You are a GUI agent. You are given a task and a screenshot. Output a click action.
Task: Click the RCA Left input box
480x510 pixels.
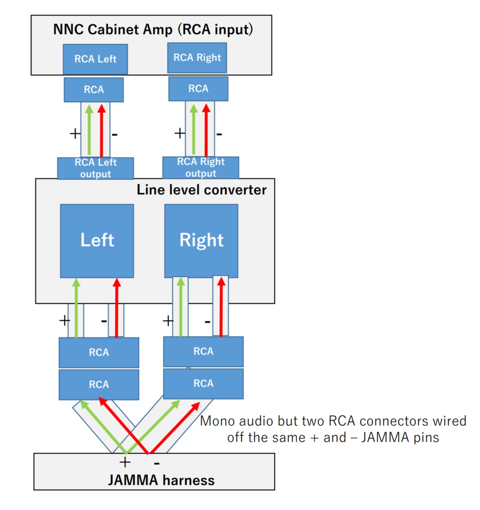pyautogui.click(x=95, y=59)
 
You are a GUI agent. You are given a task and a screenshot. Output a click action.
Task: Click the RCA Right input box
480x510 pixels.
pyautogui.click(x=197, y=58)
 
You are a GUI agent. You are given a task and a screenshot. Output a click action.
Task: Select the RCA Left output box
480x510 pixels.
pyautogui.click(x=95, y=168)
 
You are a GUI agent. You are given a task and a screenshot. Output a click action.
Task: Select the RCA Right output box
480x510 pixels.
pyautogui.click(x=201, y=167)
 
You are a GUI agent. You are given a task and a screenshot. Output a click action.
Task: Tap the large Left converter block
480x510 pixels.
pyautogui.click(x=97, y=241)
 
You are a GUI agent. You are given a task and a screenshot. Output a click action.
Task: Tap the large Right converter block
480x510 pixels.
pyautogui.click(x=201, y=241)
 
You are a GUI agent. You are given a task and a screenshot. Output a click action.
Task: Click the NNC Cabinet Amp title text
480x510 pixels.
pyautogui.click(x=153, y=30)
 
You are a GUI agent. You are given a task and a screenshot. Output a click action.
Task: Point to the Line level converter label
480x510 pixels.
pyautogui.click(x=202, y=190)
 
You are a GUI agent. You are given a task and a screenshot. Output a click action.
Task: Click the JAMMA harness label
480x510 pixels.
pyautogui.click(x=161, y=480)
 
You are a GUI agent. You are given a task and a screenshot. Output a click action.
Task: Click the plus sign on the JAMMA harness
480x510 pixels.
pyautogui.click(x=125, y=463)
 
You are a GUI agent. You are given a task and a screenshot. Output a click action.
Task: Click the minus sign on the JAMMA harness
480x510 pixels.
pyautogui.click(x=157, y=463)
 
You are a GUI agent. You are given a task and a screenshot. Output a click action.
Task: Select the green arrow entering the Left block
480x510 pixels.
pyautogui.click(x=76, y=308)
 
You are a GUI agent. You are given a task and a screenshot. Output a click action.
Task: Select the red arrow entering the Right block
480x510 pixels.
pyautogui.click(x=221, y=306)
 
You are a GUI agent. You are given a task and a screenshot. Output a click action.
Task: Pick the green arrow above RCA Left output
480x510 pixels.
pyautogui.click(x=89, y=130)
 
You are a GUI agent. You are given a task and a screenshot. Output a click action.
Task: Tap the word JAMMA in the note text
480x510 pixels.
pyautogui.click(x=385, y=437)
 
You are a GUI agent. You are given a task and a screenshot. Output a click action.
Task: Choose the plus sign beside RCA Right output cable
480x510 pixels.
pyautogui.click(x=180, y=133)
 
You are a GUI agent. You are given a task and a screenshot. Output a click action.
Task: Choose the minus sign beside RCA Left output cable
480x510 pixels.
pyautogui.click(x=114, y=134)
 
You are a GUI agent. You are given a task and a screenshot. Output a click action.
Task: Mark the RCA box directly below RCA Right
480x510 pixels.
pyautogui.click(x=198, y=89)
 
